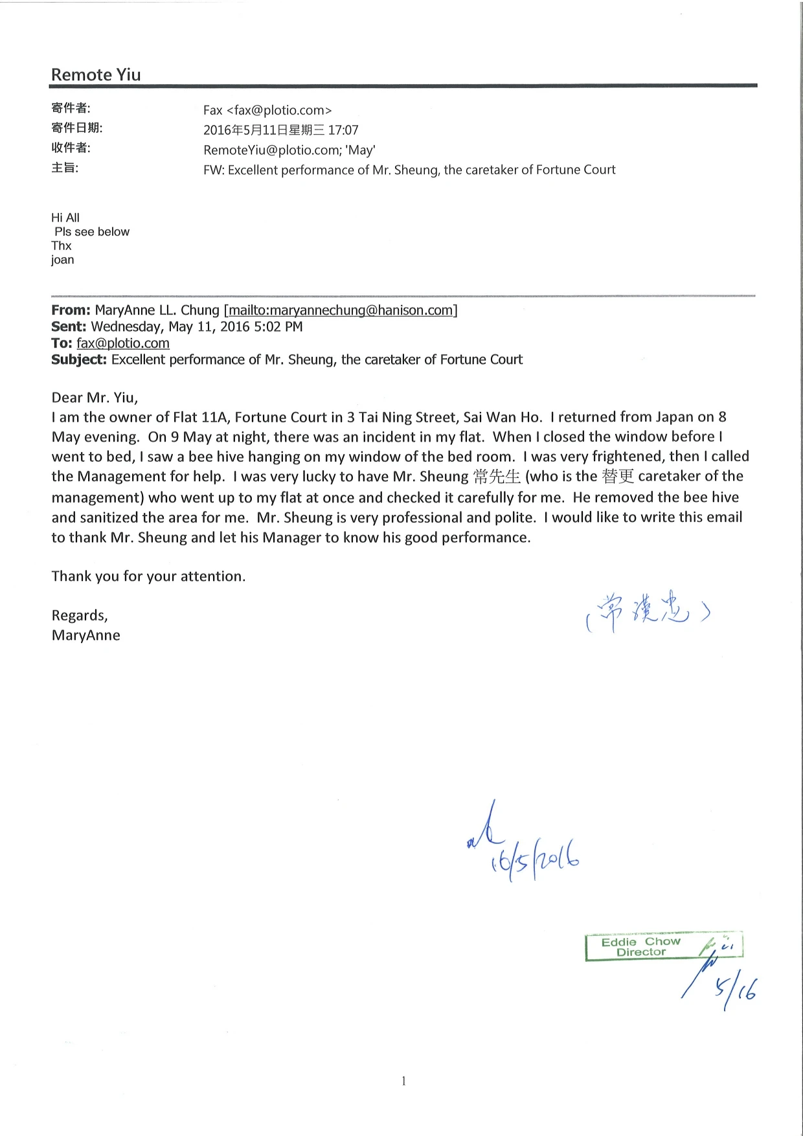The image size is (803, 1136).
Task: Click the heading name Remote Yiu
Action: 96,75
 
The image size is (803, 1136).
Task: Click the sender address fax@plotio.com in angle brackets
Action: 279,111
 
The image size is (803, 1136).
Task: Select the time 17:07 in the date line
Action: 343,130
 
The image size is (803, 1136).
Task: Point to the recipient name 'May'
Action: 361,150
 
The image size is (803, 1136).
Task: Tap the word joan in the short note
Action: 63,260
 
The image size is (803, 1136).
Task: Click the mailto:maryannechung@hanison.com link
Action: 341,310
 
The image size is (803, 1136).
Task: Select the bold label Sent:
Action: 69,326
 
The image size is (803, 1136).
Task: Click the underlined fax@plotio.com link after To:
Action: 123,343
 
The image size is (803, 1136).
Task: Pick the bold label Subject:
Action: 79,359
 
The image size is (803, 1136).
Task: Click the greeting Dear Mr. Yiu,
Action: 95,398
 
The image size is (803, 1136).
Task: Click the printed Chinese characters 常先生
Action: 497,477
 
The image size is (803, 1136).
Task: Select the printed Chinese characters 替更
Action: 617,477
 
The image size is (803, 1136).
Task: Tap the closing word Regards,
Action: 80,615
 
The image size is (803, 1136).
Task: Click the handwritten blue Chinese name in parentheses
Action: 648,612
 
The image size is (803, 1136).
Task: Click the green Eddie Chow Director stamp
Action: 641,947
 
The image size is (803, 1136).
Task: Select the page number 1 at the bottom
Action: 403,1080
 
